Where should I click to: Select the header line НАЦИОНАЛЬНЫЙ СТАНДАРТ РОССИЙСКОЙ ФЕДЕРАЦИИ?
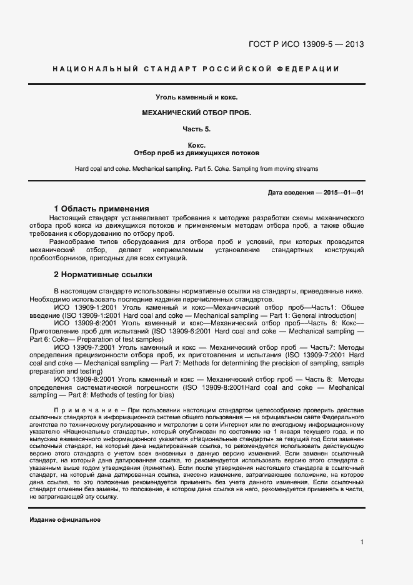(x=196, y=69)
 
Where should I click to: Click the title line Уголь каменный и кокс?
(x=197, y=97)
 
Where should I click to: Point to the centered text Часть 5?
(x=197, y=129)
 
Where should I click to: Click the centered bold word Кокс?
(x=197, y=145)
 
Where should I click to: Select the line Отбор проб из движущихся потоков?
(x=197, y=153)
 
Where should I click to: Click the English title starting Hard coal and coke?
(x=197, y=169)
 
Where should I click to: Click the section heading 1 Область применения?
(x=101, y=208)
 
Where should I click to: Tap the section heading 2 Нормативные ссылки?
(x=102, y=275)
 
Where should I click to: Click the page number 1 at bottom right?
(x=362, y=542)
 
